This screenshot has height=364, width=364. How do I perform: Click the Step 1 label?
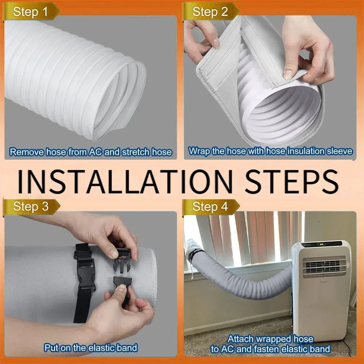[31, 12]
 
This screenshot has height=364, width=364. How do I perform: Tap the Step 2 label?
[210, 12]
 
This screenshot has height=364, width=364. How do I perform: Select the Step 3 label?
[31, 207]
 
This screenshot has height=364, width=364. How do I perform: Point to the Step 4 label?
[210, 207]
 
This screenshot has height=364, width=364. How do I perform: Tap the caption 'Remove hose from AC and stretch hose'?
[91, 152]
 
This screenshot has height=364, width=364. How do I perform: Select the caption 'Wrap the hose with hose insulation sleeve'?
[271, 151]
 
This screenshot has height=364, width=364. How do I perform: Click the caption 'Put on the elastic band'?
[91, 347]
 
